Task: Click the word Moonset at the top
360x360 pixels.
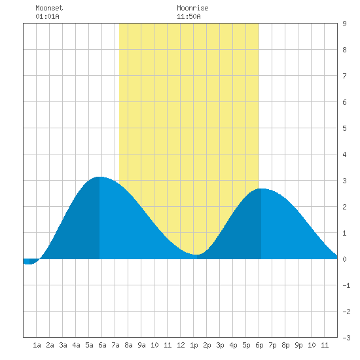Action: [49, 8]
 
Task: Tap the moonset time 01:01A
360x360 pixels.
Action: [47, 16]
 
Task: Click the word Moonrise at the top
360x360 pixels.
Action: [192, 8]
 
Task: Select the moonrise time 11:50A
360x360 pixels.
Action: [189, 16]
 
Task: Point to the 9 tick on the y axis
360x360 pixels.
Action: [344, 24]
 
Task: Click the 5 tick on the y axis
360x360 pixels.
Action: [344, 128]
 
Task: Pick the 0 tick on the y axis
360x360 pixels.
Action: [344, 259]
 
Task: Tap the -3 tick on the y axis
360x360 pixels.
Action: [347, 338]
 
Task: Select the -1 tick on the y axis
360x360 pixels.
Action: [347, 285]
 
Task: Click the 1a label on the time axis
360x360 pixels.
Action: [37, 345]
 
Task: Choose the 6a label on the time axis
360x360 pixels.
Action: [102, 345]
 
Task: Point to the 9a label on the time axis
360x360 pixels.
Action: [141, 345]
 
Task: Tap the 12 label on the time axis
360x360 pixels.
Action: [181, 345]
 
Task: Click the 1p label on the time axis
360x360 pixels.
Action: [194, 345]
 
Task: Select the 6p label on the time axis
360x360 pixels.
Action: [259, 345]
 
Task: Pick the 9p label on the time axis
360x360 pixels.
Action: [298, 345]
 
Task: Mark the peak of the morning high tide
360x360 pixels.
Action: [99, 177]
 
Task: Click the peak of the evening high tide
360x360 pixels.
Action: [261, 189]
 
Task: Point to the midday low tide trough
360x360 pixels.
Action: [196, 255]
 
